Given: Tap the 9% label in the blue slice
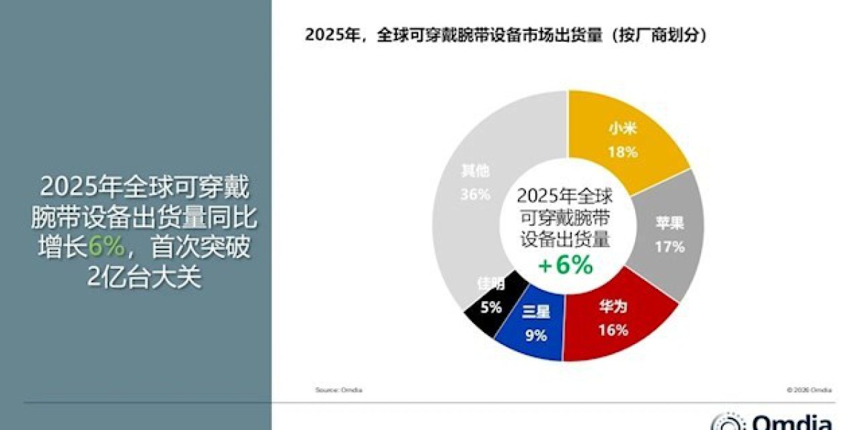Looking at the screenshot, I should (x=535, y=334).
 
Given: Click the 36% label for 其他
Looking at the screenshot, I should (x=476, y=193).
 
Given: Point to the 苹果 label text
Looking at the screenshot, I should (x=670, y=224).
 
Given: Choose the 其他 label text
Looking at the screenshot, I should (x=476, y=172).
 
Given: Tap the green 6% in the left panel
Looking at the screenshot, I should (x=107, y=247).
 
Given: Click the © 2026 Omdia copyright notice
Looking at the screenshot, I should (x=809, y=390).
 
